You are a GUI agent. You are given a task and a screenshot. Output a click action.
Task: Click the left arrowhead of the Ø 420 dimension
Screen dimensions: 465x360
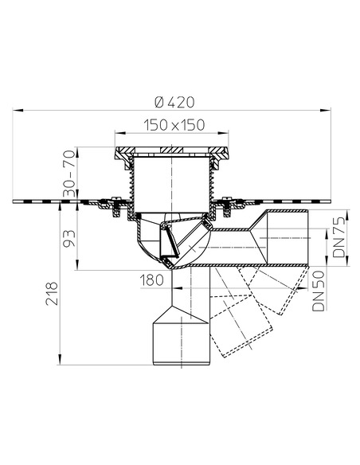16,112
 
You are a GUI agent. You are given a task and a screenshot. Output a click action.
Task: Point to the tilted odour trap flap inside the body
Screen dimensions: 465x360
169,243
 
